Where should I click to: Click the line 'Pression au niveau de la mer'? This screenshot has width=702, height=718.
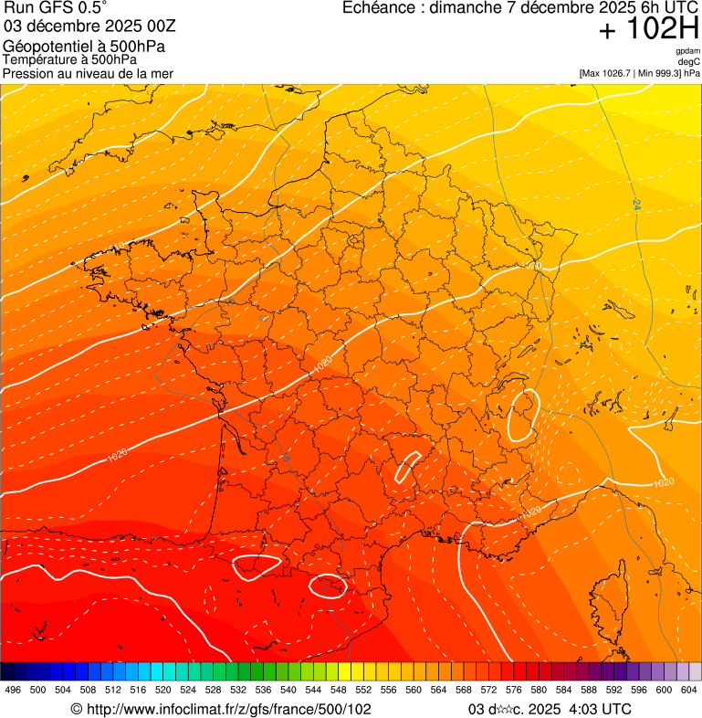(88, 73)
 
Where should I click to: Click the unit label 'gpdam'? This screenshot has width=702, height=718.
(687, 51)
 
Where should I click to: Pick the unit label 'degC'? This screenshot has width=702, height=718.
(689, 62)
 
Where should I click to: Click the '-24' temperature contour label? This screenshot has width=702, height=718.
(635, 206)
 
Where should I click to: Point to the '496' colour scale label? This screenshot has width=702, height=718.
(13, 690)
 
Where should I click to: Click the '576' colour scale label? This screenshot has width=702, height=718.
(514, 690)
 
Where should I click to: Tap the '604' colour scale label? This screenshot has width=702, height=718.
(689, 690)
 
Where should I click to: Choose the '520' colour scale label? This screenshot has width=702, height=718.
(163, 690)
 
